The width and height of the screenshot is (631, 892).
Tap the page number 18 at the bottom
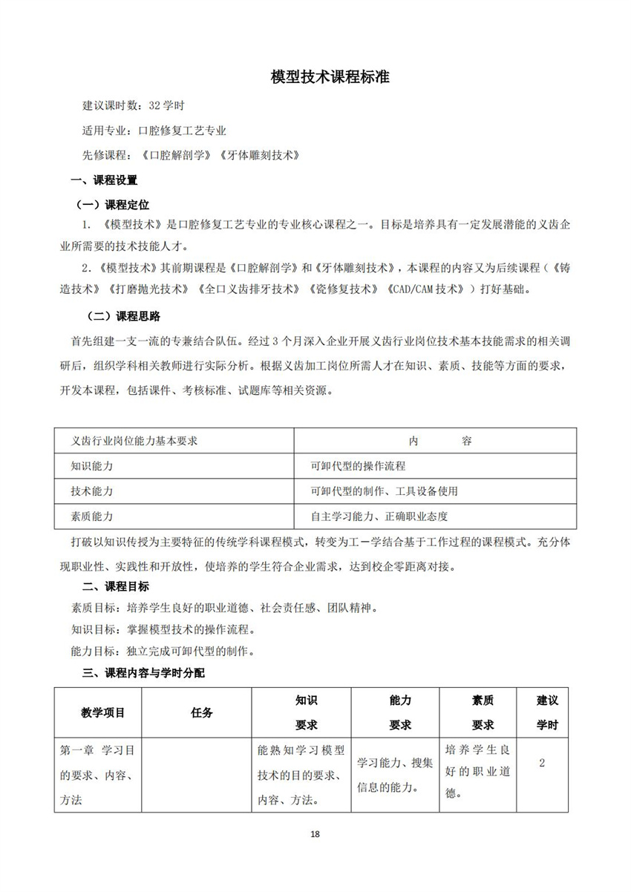tap(315, 835)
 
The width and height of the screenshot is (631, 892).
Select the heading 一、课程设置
tap(103, 180)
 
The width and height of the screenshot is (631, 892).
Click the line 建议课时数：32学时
tap(128, 105)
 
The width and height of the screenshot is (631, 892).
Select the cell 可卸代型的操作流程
tap(359, 466)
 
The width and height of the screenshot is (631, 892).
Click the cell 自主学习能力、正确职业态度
tap(379, 516)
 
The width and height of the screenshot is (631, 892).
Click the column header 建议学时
tap(547, 712)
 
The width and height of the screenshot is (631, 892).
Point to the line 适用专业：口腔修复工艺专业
tap(154, 130)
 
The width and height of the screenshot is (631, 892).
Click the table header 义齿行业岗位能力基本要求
tap(134, 441)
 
